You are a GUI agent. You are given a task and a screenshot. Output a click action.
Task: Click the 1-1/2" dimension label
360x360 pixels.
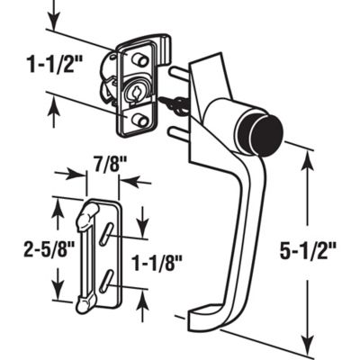pyautogui.click(x=47, y=66)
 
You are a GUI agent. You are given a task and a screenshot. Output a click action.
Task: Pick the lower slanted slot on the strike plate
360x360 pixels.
pyautogui.click(x=108, y=284)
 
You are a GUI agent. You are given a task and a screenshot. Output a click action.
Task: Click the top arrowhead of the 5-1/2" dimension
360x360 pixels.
pyautogui.click(x=311, y=155)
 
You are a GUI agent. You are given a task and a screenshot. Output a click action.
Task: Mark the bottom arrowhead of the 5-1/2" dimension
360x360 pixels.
pyautogui.click(x=311, y=348)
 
